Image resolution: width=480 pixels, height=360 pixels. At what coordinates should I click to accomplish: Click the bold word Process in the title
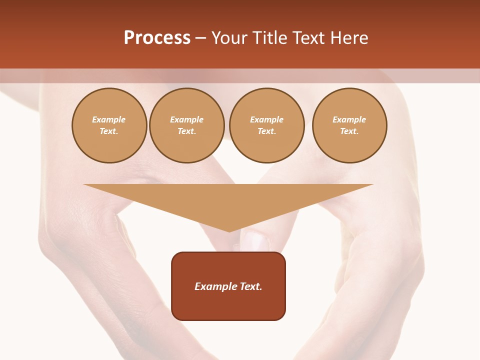click(x=157, y=38)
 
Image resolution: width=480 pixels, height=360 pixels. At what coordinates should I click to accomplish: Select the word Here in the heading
click(x=347, y=38)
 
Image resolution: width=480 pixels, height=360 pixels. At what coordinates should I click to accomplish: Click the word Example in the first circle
click(x=109, y=119)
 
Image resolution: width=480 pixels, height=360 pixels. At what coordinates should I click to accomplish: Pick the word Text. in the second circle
click(x=187, y=131)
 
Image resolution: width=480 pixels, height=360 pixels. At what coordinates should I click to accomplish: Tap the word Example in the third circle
click(x=266, y=119)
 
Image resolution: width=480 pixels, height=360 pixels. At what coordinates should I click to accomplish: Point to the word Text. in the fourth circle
click(x=349, y=131)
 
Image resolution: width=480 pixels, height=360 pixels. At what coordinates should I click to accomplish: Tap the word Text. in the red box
click(x=251, y=286)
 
